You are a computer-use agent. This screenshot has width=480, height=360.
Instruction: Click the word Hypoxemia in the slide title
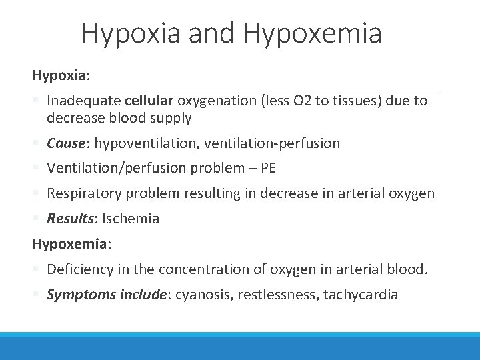[313, 33]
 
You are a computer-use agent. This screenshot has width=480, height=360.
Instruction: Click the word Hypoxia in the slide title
[131, 33]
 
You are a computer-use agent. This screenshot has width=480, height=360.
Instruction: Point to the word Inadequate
[83, 101]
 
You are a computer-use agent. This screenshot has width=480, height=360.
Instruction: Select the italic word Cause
[65, 143]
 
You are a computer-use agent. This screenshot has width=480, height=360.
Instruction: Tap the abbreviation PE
[268, 168]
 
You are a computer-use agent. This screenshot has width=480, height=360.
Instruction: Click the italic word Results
[71, 219]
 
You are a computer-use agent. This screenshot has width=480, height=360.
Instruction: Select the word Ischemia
[131, 219]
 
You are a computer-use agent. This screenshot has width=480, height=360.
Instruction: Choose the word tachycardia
[361, 295]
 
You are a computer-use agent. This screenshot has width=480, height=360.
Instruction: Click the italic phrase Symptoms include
[109, 295]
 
